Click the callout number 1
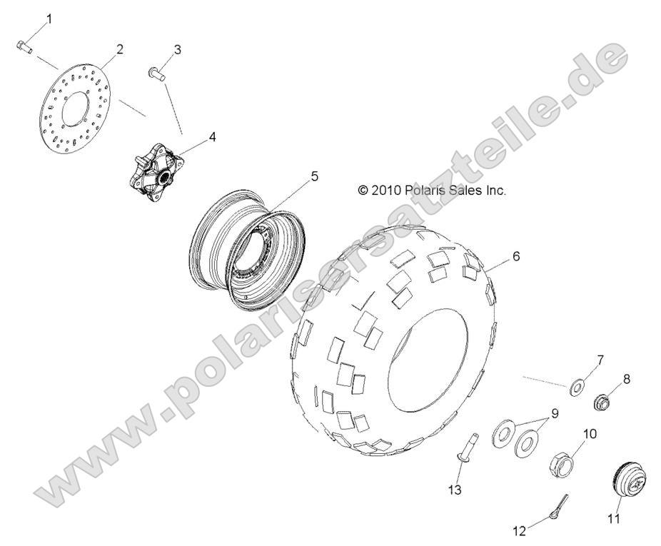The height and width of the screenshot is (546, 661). (49, 17)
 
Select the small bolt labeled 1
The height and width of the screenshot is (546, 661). (24, 47)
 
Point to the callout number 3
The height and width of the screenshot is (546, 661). (177, 49)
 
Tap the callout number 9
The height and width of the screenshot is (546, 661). (554, 413)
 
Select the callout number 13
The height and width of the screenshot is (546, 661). (455, 490)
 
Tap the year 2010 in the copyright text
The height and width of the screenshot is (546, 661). (384, 191)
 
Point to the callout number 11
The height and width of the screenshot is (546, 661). (613, 520)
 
